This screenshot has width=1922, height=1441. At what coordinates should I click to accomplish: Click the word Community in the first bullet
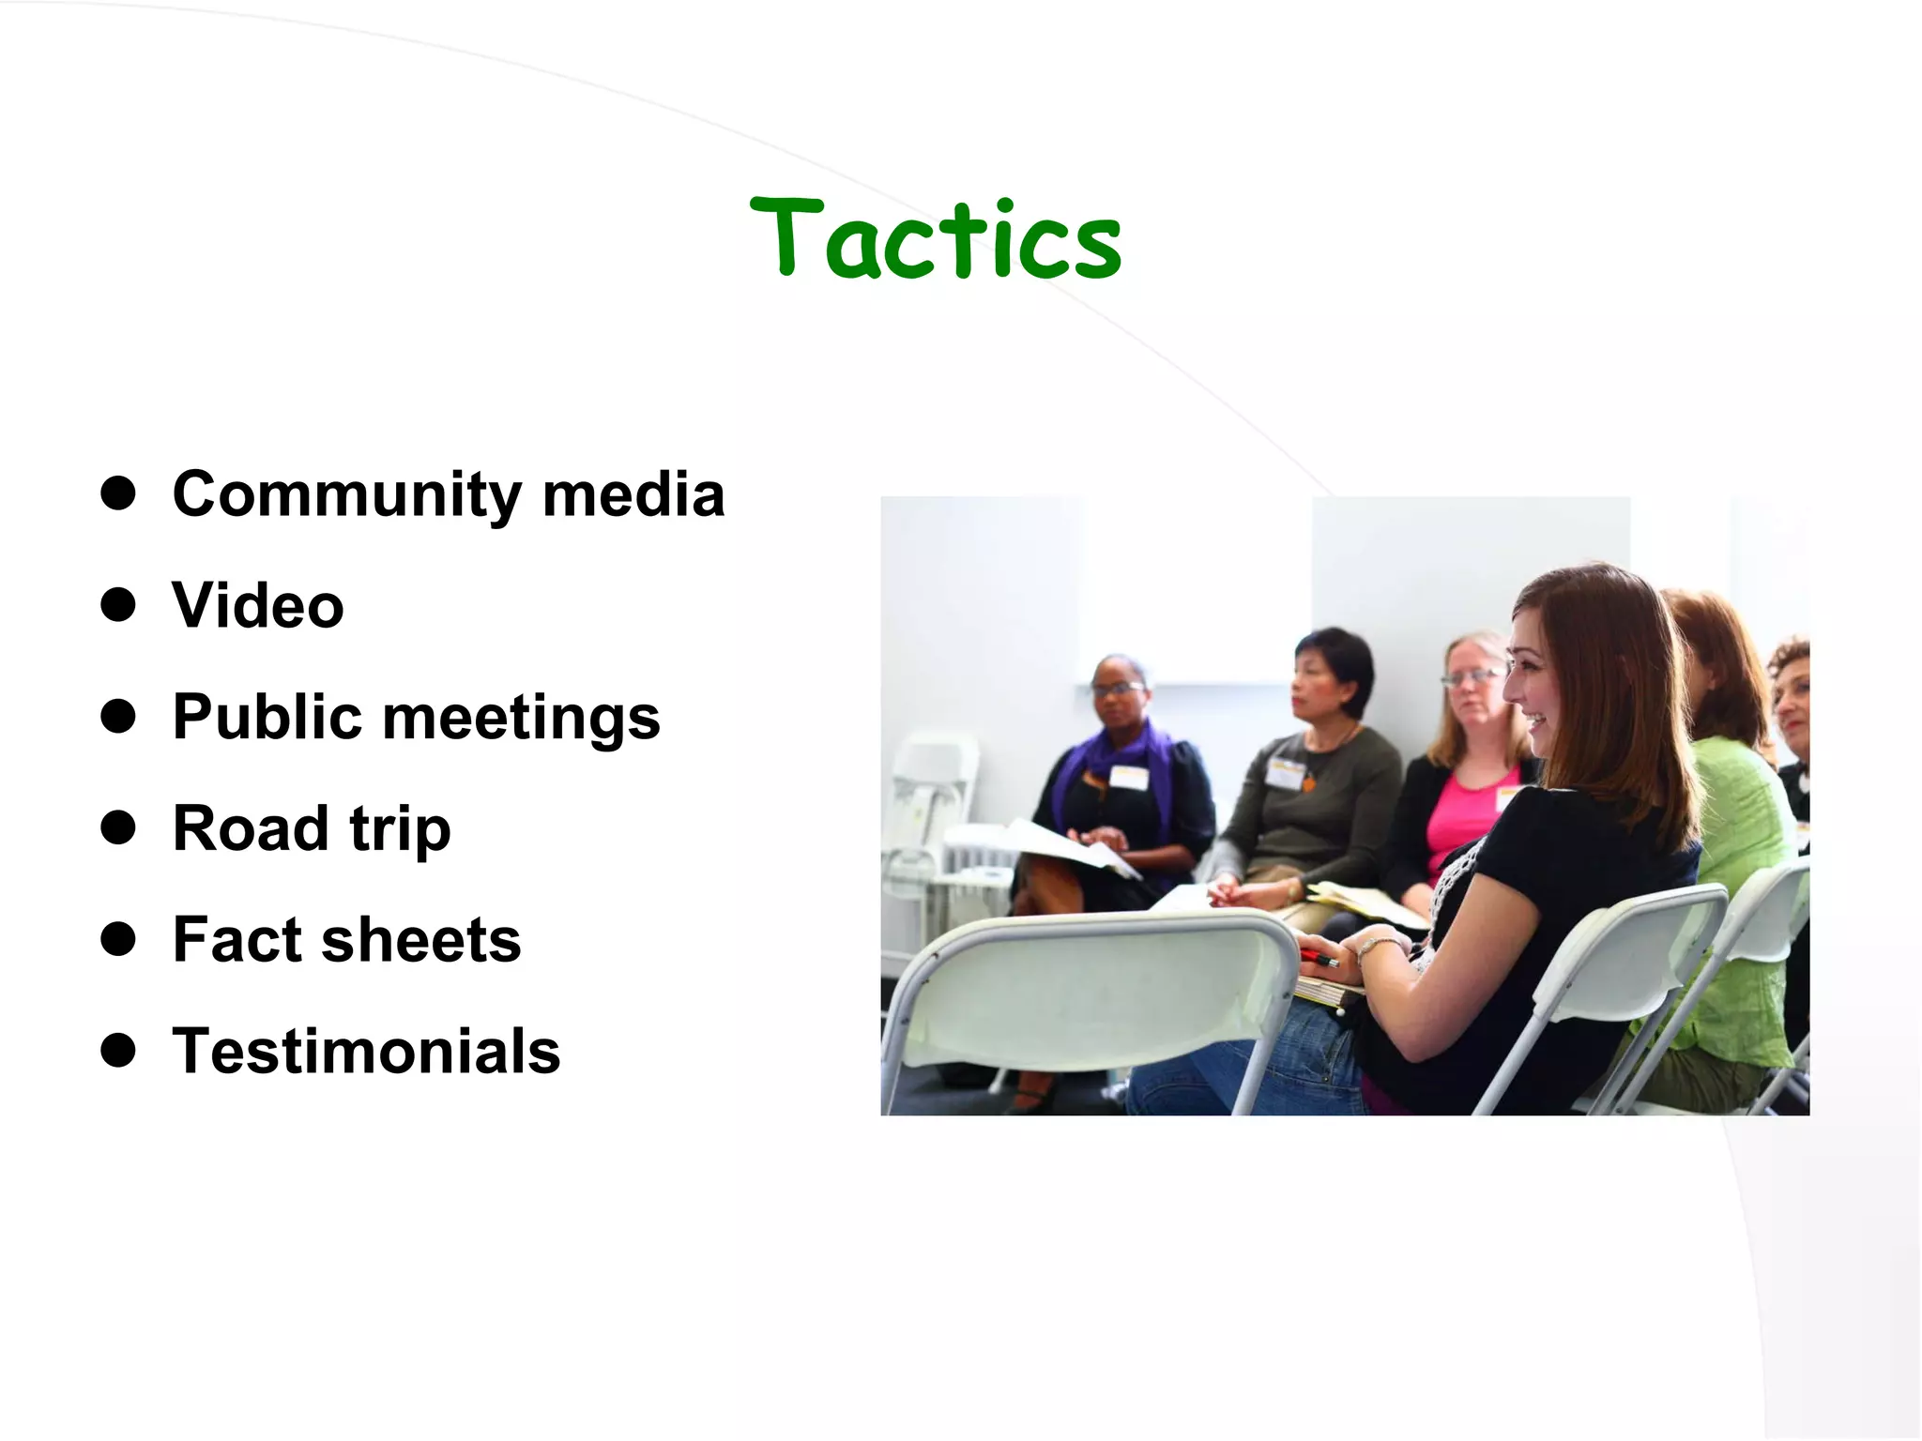(x=346, y=494)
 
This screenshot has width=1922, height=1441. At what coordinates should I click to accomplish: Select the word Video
(x=258, y=605)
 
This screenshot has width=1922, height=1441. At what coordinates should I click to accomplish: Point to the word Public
(x=267, y=717)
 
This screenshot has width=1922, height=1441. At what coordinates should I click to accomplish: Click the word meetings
(x=522, y=719)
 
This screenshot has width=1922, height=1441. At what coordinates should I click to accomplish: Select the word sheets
(x=421, y=940)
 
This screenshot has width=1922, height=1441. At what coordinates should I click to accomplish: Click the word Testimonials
(x=366, y=1051)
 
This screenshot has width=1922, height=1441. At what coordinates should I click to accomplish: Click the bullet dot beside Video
(x=118, y=605)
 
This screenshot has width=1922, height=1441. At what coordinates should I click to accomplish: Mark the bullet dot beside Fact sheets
(x=118, y=939)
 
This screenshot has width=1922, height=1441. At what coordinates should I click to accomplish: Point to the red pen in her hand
(x=1319, y=959)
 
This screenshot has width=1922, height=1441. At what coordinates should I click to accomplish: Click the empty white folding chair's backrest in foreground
(x=1089, y=994)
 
